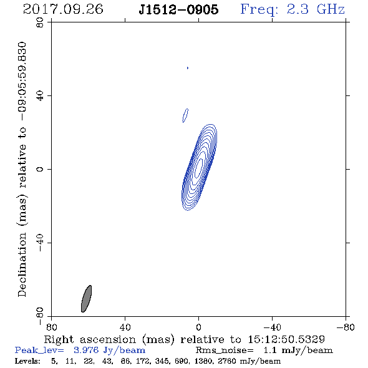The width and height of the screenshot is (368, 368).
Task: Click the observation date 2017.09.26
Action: point(63,9)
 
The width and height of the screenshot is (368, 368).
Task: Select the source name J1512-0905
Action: point(178,9)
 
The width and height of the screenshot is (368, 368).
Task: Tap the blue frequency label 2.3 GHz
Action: point(316,9)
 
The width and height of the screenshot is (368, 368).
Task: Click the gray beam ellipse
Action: point(86,299)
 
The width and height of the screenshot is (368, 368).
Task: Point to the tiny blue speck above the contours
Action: point(188,68)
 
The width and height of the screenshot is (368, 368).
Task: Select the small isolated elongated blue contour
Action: point(185,115)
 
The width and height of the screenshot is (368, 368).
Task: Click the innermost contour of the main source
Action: point(199,168)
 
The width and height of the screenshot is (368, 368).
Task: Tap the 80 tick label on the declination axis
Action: point(40,22)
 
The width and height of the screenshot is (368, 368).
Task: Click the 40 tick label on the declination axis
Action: point(40,96)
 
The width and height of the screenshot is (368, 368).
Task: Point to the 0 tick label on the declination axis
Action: point(40,169)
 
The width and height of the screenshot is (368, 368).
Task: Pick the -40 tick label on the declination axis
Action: point(40,243)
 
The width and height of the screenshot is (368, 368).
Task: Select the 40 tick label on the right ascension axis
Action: point(125,327)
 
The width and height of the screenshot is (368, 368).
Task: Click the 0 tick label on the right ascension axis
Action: point(198,327)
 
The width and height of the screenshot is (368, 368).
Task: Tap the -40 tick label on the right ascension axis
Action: point(272,327)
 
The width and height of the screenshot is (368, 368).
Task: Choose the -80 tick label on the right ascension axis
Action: point(346,327)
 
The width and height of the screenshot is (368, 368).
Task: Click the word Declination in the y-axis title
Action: point(22,264)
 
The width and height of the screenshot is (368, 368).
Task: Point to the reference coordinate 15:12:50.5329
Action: point(286,339)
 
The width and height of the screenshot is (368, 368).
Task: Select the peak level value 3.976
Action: point(86,351)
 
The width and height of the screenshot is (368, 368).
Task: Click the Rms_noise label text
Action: point(225,351)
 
